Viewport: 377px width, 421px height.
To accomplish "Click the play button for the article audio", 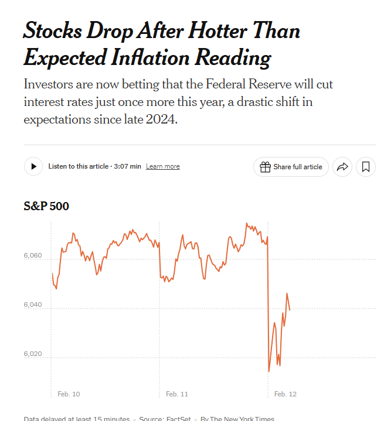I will coord(33,166).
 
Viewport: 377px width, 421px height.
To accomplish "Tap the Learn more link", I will coord(163,166).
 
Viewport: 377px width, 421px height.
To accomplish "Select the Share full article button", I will coord(291,167).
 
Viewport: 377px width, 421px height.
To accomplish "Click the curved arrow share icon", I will coord(342,167).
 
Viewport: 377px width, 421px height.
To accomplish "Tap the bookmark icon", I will coord(366,167).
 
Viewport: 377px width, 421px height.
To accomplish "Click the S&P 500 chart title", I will coord(46,206).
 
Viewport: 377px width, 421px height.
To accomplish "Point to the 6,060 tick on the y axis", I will coord(33,256).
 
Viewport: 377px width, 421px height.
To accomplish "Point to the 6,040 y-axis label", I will coord(33,306).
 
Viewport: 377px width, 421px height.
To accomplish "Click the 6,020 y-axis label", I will coord(33,354).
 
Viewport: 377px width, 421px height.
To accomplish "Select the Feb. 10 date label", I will coord(69,394).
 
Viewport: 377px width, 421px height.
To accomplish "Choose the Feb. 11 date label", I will coord(177,394).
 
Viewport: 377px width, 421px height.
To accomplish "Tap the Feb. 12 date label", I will coord(286,394).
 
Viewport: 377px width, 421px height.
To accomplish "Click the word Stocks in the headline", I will coord(53,30).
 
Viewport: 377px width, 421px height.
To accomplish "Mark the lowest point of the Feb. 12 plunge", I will coord(269,371).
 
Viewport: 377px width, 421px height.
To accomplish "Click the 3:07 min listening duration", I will coord(127,166).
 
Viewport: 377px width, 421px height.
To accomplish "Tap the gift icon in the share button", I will coord(265,167).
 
